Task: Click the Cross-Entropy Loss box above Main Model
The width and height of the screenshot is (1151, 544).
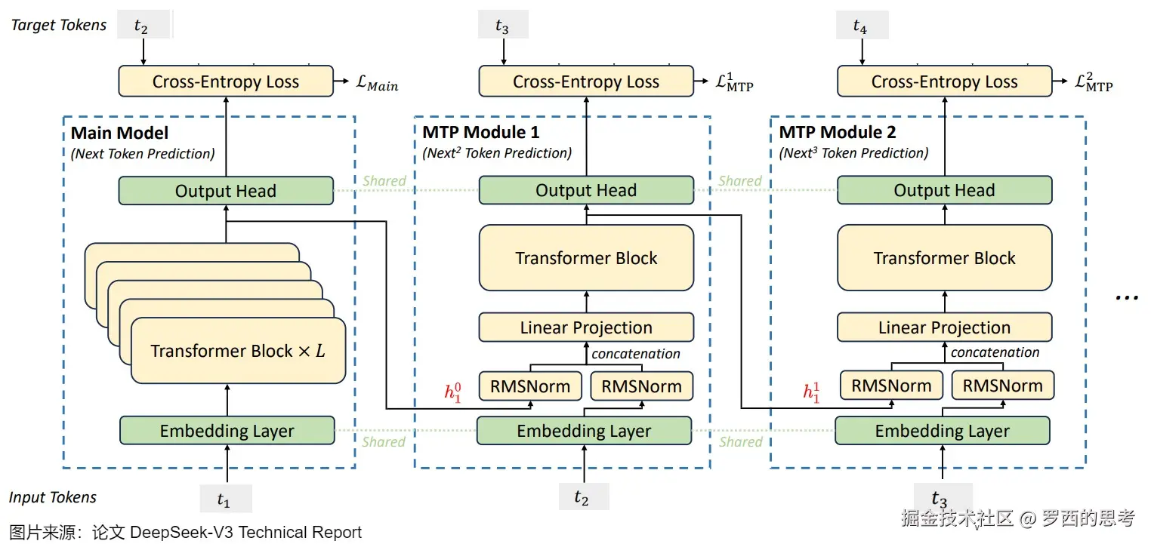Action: [x=225, y=81]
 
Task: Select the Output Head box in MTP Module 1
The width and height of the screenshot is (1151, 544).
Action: [x=586, y=191]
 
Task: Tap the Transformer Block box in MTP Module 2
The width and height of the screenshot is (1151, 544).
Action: [x=944, y=258]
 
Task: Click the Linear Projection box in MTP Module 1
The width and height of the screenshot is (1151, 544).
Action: [x=586, y=327]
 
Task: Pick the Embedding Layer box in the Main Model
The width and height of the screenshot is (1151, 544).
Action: [x=227, y=431]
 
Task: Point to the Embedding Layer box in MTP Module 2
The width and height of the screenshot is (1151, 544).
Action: [x=942, y=431]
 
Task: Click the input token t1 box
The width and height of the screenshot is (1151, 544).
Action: [x=225, y=499]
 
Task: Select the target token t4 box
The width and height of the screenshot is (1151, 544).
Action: [x=862, y=26]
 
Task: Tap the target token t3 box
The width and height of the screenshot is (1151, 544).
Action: [x=503, y=26]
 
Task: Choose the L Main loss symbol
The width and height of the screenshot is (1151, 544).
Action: [x=376, y=83]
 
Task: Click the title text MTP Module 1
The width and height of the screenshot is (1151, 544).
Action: [x=480, y=133]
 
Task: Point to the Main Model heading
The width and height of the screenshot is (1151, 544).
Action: [x=119, y=134]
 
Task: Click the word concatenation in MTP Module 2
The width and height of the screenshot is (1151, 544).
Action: [x=995, y=352]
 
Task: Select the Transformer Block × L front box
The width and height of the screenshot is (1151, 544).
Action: [x=238, y=351]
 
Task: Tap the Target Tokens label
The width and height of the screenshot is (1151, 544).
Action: [x=59, y=25]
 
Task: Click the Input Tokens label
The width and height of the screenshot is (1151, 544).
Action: [x=53, y=497]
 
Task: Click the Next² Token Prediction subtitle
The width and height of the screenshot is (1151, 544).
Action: [x=496, y=153]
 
